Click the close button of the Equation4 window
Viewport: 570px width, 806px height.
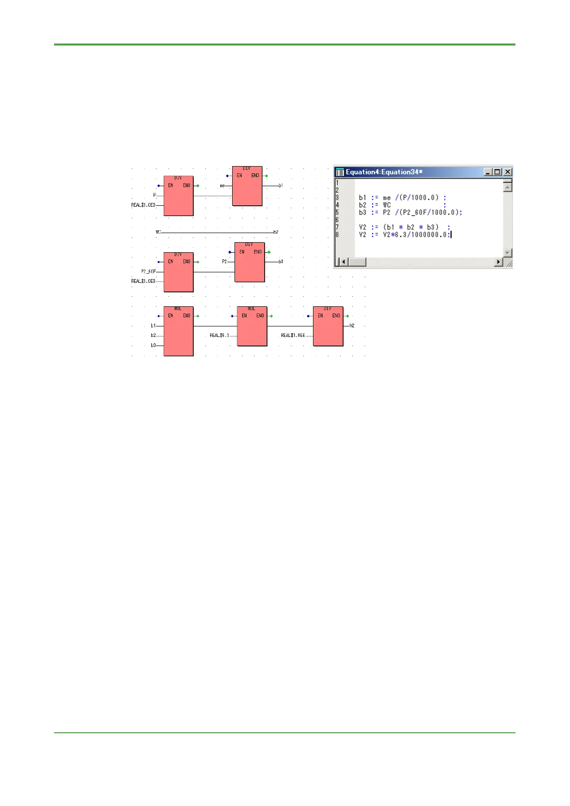[x=508, y=172]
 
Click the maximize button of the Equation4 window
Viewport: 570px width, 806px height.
[x=498, y=172]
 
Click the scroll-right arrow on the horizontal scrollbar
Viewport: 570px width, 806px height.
[x=499, y=262]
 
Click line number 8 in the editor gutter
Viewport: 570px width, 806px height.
[x=337, y=235]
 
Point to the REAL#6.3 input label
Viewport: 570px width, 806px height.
[x=219, y=336]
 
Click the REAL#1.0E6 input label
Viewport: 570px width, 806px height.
[x=293, y=336]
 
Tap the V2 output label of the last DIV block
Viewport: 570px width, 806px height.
[x=352, y=326]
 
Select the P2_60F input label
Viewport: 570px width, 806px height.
[x=148, y=272]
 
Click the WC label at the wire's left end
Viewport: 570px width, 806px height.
[x=158, y=232]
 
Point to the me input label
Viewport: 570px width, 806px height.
[x=222, y=186]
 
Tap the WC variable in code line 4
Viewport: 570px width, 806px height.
[x=387, y=205]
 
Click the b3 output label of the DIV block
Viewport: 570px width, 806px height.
[x=281, y=262]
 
